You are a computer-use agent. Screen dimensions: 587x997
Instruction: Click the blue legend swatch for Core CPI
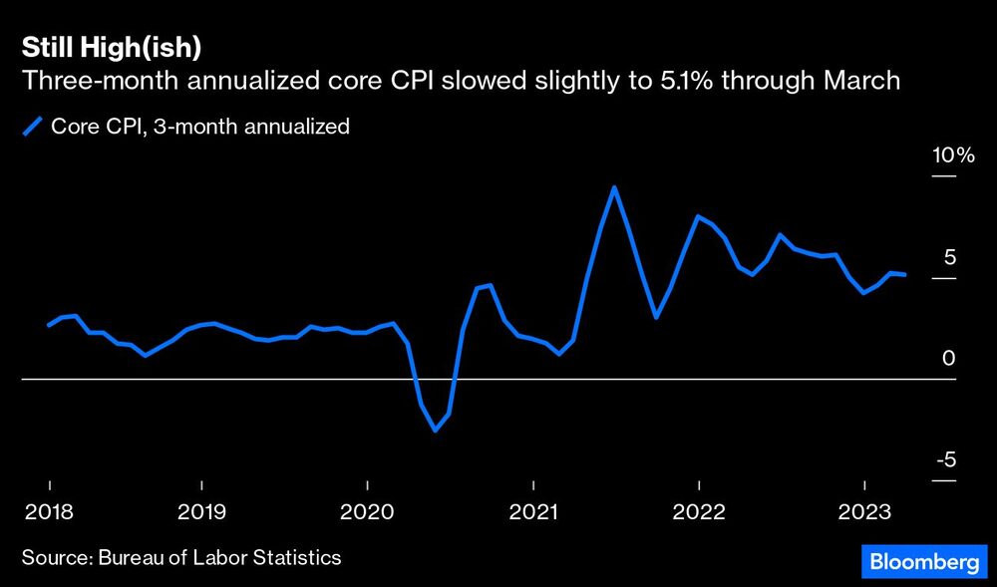(33, 127)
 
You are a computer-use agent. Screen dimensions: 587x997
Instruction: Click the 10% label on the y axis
(952, 155)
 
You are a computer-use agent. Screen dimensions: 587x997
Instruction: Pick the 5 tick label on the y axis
(949, 257)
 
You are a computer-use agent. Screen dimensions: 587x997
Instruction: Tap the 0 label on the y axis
(949, 359)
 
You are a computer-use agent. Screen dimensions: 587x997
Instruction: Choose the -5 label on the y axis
(946, 460)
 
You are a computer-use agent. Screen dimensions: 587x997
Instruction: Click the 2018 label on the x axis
(47, 512)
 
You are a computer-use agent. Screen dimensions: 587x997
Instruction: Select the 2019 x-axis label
(202, 512)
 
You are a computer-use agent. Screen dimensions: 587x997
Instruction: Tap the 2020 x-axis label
(367, 512)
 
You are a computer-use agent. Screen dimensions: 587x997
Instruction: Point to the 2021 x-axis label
(533, 512)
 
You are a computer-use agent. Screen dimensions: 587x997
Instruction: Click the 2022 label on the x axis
(699, 512)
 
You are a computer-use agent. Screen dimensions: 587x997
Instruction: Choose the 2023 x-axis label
(863, 512)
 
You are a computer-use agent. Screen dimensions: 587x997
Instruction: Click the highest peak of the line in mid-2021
(614, 187)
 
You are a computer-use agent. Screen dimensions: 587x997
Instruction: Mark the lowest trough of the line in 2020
(436, 431)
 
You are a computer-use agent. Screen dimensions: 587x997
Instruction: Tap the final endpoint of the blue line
(904, 275)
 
